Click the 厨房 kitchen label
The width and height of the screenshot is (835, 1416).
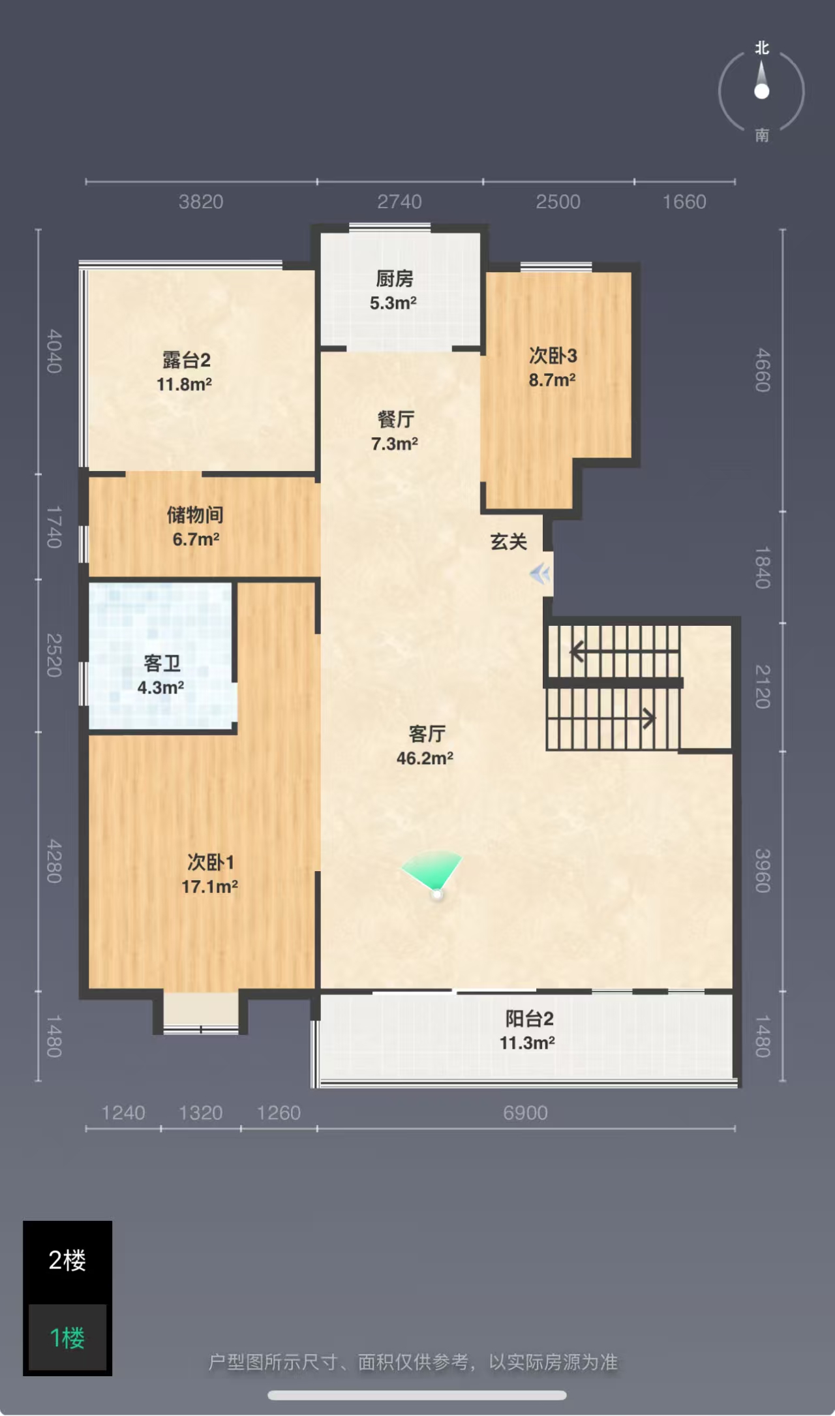[395, 279]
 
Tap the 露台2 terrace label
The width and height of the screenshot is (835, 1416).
[187, 360]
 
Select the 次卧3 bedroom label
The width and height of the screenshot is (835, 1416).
[553, 356]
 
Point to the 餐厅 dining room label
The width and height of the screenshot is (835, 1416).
[395, 420]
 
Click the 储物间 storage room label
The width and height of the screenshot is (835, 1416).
[195, 515]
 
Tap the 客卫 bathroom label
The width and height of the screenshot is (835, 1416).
[162, 664]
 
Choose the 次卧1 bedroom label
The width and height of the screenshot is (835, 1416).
[211, 863]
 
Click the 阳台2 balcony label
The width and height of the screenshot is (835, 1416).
[529, 1019]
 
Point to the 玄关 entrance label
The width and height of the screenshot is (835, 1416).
[509, 542]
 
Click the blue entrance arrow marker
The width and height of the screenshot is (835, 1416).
[540, 574]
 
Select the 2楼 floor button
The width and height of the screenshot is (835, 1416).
[67, 1261]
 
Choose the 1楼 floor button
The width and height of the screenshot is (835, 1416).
[67, 1338]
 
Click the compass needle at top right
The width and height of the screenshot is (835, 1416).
[761, 80]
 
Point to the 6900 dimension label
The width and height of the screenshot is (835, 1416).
[525, 1113]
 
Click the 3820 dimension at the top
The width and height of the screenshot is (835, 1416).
[201, 202]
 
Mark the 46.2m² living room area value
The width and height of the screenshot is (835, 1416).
[425, 758]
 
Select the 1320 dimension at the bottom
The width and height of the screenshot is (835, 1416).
[201, 1113]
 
